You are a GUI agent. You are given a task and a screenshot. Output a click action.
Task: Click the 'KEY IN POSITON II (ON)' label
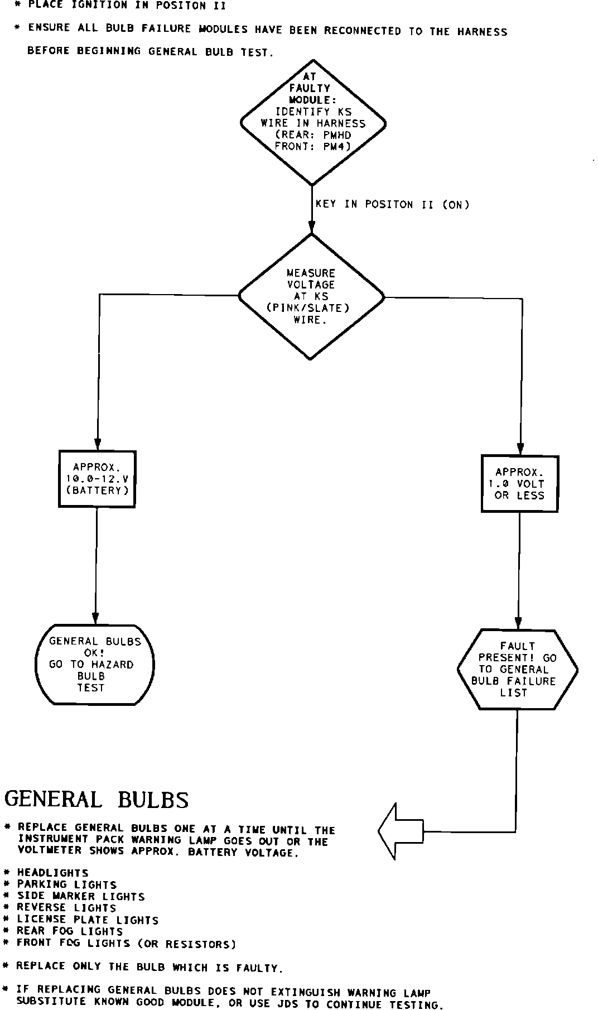393,204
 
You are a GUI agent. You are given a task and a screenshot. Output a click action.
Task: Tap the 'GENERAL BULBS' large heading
97,799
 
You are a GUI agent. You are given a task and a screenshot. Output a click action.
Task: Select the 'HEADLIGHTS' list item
52,873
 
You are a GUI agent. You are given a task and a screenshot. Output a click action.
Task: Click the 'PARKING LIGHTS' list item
67,884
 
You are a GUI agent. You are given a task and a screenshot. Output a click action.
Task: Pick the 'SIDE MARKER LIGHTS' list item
81,897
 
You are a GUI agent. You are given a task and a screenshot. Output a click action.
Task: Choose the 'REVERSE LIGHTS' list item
66,908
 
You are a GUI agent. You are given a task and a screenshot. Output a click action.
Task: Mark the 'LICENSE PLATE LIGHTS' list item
88,920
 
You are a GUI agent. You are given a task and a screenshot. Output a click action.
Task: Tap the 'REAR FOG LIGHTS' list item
70,931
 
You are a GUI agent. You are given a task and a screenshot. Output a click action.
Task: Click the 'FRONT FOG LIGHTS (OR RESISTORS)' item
126,944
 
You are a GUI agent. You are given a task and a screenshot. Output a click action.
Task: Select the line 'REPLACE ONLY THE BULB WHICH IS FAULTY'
149,967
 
